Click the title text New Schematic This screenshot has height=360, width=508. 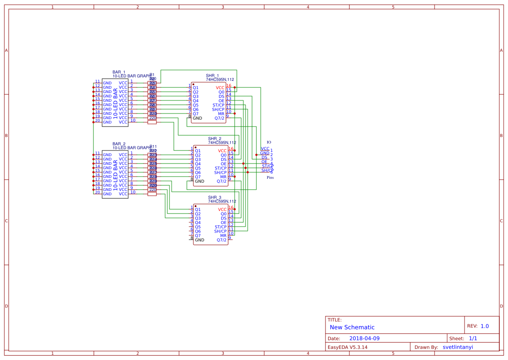click(x=352, y=327)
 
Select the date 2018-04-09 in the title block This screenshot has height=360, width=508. click(x=364, y=338)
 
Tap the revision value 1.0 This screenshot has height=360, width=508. click(x=485, y=326)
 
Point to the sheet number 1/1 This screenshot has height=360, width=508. click(x=473, y=338)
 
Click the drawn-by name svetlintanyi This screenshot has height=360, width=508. click(x=458, y=347)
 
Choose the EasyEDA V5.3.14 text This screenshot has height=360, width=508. click(x=347, y=347)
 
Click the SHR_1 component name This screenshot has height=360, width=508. click(x=212, y=76)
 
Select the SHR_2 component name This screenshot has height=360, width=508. click(x=215, y=139)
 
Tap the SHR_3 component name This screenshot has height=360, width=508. click(x=215, y=197)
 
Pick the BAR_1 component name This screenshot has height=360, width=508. click(x=119, y=72)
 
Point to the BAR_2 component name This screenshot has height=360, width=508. click(x=119, y=144)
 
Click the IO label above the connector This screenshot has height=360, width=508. click(x=269, y=142)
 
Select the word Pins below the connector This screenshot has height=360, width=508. click(x=270, y=177)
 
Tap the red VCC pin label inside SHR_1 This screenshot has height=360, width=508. click(x=220, y=88)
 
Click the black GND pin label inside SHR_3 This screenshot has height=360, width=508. click(x=199, y=240)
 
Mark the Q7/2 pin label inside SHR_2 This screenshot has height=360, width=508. click(x=222, y=181)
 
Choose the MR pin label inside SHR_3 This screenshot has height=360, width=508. click(x=223, y=236)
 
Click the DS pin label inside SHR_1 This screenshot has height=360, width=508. click(x=222, y=97)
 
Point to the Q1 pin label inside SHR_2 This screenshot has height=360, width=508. click(x=198, y=151)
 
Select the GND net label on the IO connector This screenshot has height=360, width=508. click(x=265, y=153)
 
